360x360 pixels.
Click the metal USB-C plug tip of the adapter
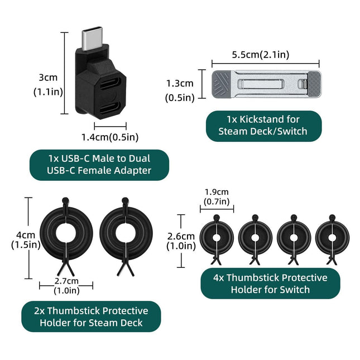(90, 39)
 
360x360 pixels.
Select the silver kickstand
(266, 84)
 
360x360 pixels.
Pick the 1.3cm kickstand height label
(180, 90)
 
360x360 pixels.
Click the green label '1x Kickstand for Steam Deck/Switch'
(263, 126)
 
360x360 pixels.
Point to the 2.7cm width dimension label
(66, 286)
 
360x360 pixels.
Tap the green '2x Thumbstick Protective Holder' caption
(91, 316)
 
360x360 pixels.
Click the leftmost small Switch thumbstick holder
(216, 238)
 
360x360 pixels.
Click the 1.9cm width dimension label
(217, 196)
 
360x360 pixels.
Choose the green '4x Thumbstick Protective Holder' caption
(271, 284)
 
